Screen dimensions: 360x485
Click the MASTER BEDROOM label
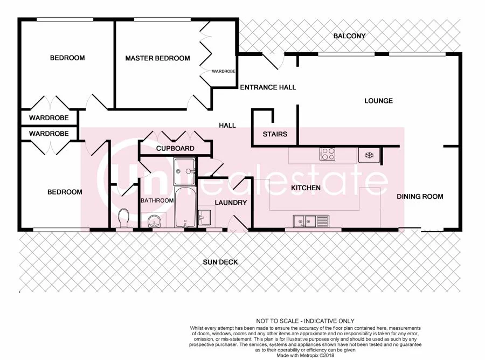[157, 58]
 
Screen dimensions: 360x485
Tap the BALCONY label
[349, 36]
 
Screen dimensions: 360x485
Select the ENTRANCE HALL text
[268, 87]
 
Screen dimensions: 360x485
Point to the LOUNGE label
[378, 101]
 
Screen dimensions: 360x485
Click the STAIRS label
[275, 134]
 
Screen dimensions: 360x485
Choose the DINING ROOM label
[420, 196]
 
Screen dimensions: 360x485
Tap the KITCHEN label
[306, 188]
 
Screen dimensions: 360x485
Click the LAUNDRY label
[230, 203]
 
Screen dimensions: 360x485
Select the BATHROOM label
[157, 200]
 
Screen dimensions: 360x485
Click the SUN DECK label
[220, 262]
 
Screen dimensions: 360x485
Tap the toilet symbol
[123, 218]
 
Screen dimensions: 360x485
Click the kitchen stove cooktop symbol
[328, 154]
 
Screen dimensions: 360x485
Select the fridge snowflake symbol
[370, 155]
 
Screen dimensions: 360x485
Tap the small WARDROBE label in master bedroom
[223, 71]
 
